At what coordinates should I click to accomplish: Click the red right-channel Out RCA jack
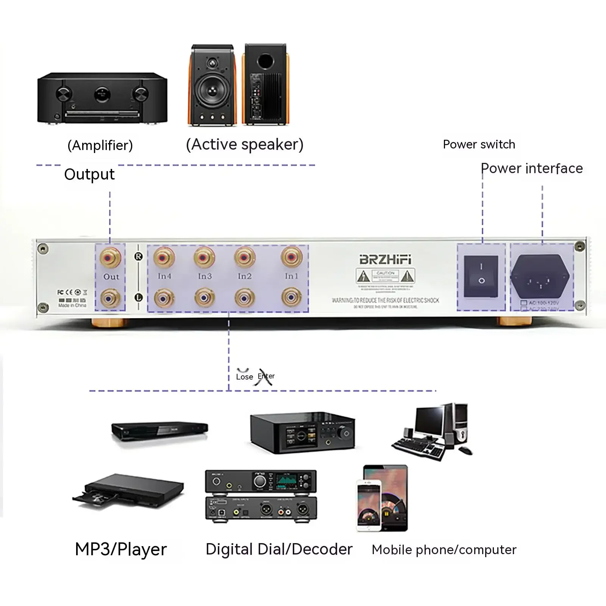(x=110, y=258)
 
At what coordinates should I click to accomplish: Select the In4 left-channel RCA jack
(x=164, y=298)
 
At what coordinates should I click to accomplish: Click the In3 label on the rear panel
(x=205, y=276)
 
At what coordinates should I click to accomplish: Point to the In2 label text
(x=245, y=276)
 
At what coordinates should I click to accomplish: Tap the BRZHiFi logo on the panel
(x=385, y=260)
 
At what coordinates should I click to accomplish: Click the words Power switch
(x=479, y=144)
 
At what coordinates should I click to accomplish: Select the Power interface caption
(x=531, y=168)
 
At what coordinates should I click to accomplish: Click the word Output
(x=89, y=174)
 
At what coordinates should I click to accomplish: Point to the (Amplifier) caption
(x=100, y=145)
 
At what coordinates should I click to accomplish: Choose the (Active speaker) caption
(x=245, y=144)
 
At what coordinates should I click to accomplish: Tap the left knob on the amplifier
(x=64, y=94)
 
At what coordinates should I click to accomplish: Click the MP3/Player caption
(x=121, y=549)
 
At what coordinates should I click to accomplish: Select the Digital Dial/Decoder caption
(x=279, y=549)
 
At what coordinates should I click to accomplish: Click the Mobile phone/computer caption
(x=444, y=550)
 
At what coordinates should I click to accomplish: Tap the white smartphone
(x=369, y=506)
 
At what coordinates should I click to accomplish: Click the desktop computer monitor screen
(x=429, y=422)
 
